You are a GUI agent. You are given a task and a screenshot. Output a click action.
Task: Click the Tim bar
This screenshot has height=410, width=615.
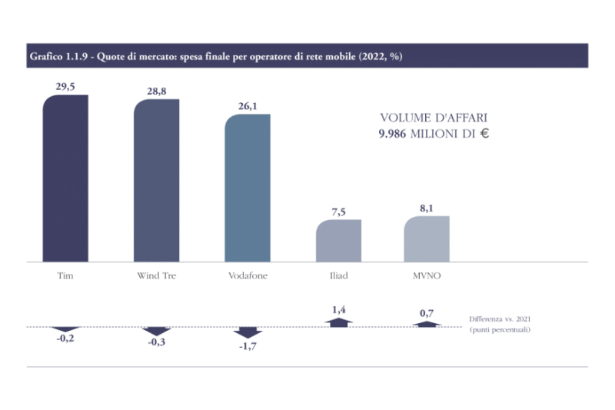[x=65, y=178]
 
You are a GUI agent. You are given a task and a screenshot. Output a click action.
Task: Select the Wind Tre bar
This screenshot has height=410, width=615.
[x=156, y=181]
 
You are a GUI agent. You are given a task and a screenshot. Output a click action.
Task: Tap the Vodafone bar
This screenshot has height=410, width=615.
[x=248, y=188]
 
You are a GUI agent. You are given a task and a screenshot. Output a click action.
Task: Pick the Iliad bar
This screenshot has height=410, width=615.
[x=338, y=241]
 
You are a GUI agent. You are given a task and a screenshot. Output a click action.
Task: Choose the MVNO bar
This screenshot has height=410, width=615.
[x=427, y=239]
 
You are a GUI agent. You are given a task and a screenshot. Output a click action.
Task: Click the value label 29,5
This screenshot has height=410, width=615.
[x=65, y=86]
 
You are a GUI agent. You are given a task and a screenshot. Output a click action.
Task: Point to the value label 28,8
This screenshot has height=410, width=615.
[x=156, y=91]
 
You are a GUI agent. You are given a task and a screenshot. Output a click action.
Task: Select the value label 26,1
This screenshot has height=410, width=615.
[x=248, y=106]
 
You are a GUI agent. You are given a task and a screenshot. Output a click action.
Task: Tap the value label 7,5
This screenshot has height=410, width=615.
[x=338, y=212]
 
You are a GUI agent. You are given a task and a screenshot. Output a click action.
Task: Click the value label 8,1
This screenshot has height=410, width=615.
[x=427, y=208]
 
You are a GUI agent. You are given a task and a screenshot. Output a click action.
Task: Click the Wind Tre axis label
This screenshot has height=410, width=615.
[x=156, y=275]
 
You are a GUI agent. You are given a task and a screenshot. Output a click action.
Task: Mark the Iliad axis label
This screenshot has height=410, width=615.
[x=338, y=275]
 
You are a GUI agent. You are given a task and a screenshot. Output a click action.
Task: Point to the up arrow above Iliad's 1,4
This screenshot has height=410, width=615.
[x=339, y=322]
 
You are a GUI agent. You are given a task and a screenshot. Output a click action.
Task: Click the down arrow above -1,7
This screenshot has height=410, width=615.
[x=248, y=332]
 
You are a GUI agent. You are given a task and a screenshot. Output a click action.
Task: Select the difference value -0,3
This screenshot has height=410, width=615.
[x=156, y=342]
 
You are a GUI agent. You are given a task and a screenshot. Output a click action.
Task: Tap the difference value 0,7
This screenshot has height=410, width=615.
[x=427, y=313]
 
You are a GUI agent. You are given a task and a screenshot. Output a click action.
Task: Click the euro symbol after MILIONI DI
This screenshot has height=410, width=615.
[x=485, y=133]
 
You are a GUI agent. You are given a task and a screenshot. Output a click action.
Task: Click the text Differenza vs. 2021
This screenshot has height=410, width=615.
[x=500, y=318]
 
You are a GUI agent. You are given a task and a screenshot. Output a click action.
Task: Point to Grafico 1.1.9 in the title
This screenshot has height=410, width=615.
[x=55, y=56]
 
